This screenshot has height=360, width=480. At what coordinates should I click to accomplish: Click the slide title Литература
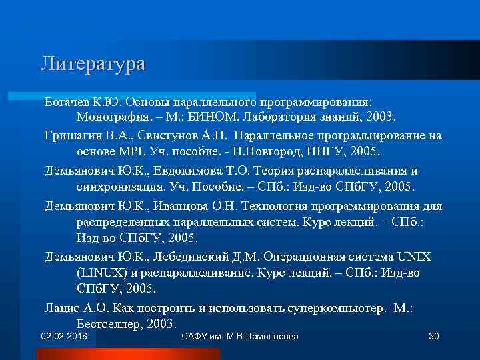pyautogui.click(x=93, y=64)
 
